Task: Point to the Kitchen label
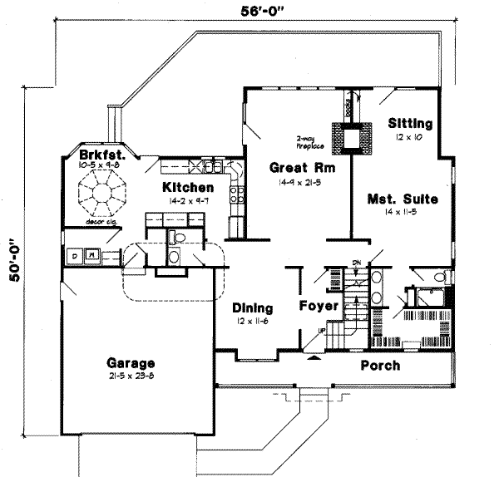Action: (x=187, y=187)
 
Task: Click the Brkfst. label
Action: (x=102, y=155)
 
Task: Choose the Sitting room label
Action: (x=410, y=123)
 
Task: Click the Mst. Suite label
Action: (x=403, y=199)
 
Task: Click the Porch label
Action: (x=380, y=366)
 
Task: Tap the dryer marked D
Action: (x=74, y=255)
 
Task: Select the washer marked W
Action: (x=94, y=255)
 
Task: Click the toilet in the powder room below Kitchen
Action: (x=174, y=241)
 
